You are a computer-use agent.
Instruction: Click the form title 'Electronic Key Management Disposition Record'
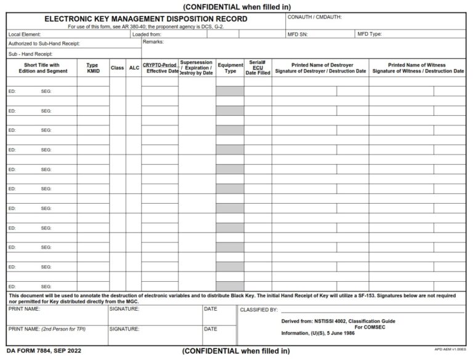[x=145, y=19]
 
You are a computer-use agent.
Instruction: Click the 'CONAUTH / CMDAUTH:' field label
[x=315, y=17]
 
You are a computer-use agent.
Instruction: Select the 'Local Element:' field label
[x=25, y=34]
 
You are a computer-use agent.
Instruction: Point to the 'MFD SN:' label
[x=297, y=34]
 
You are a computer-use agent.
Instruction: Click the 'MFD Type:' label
[x=370, y=34]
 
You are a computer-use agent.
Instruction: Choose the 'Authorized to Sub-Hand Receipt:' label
[x=44, y=44]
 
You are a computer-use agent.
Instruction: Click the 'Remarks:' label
[x=153, y=42]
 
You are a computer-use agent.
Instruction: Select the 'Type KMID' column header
[x=93, y=68]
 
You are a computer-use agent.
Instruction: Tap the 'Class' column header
[x=117, y=68]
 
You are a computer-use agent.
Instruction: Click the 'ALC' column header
[x=134, y=68]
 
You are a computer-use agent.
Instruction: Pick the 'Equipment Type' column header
[x=230, y=68]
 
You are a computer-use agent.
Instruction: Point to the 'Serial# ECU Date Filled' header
[x=257, y=68]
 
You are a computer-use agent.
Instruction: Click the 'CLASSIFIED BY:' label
[x=259, y=310]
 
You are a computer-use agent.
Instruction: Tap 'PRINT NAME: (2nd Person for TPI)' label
[x=47, y=329]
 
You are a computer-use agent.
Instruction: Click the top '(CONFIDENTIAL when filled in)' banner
[x=236, y=6]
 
